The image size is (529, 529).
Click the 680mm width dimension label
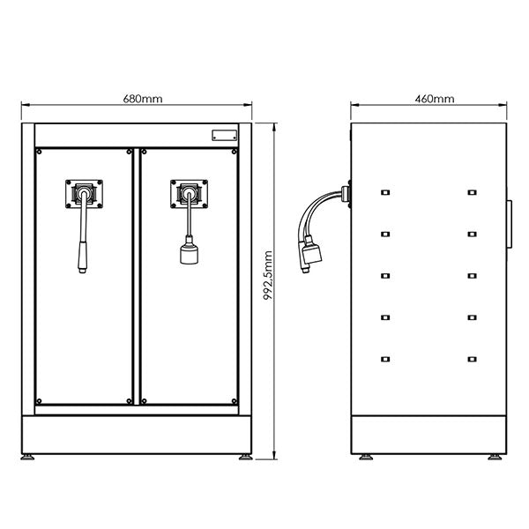point(137,100)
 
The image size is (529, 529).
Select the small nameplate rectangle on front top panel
point(224,136)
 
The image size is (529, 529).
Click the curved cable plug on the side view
point(311,257)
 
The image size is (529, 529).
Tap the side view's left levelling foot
point(365,458)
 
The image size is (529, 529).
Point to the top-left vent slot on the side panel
point(385,192)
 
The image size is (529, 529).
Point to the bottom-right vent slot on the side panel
point(473,358)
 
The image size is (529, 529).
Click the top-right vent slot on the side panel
point(473,192)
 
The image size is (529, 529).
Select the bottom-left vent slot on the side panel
point(385,358)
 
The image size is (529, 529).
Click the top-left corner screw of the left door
point(40,152)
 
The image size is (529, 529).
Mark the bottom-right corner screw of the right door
point(233,401)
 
